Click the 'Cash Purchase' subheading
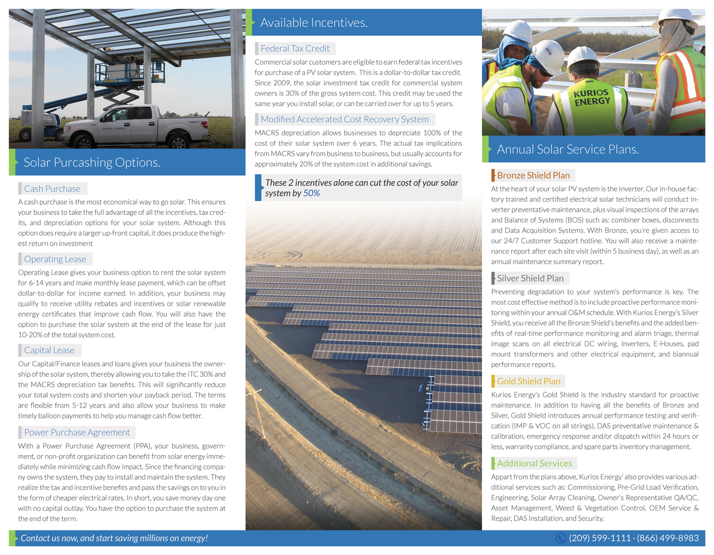pos(52,189)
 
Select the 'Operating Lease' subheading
pos(55,259)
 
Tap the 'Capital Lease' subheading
pos(49,350)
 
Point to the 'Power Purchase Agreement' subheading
pos(77,432)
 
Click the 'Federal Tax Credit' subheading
pos(295,48)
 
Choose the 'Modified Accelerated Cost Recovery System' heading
pos(344,119)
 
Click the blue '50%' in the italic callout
pos(311,193)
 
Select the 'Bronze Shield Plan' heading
pos(533,175)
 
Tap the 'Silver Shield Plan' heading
pos(530,278)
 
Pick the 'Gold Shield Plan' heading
pos(529,381)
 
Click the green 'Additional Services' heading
pos(534,463)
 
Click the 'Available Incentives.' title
pos(314,23)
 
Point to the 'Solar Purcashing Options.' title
pos(92,162)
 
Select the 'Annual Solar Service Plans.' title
pos(568,149)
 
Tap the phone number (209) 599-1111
pos(599,538)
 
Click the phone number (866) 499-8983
pos(667,538)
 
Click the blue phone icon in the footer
pos(561,538)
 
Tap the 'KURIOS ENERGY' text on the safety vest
pos(592,97)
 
